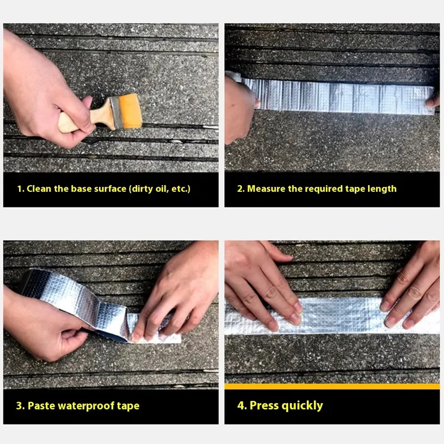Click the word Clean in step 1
39,188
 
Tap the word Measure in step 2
266,188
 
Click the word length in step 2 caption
382,189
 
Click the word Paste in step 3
41,406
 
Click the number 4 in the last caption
241,405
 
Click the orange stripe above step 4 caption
332,386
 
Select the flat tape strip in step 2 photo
337,95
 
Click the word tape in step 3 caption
128,406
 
